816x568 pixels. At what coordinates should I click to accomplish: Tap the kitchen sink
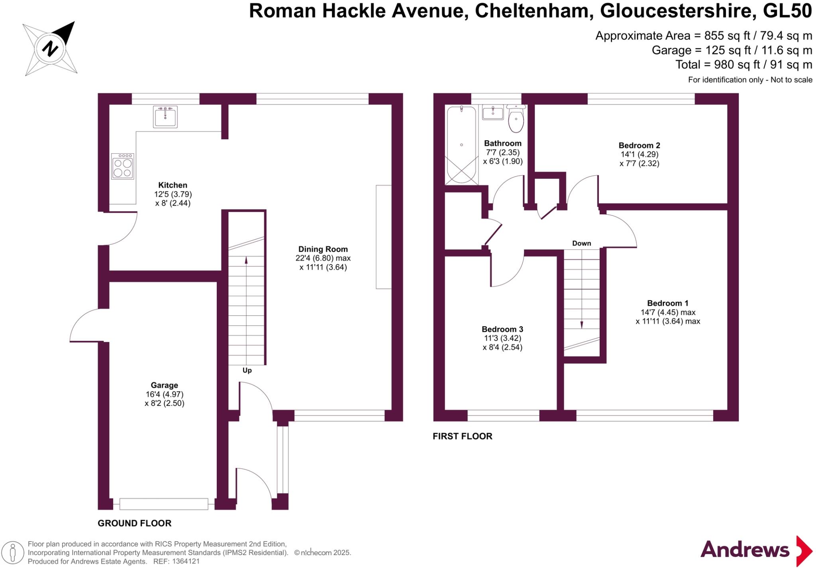point(165,116)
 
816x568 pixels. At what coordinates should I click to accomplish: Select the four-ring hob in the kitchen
point(122,166)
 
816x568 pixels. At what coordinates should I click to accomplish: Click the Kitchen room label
point(173,185)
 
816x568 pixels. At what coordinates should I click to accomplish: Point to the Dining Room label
point(323,249)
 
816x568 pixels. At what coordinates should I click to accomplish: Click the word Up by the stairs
point(247,370)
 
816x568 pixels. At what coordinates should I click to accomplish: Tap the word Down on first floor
point(581,243)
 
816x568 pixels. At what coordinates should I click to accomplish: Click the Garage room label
point(164,385)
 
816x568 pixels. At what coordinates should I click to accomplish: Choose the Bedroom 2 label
point(639,145)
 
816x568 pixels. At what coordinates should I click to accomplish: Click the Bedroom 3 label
point(502,329)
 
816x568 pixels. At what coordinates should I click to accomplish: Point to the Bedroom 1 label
point(667,303)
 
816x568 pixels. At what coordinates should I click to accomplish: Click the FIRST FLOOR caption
point(462,436)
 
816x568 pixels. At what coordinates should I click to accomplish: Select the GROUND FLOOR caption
point(134,523)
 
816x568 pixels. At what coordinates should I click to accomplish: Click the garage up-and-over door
point(164,504)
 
